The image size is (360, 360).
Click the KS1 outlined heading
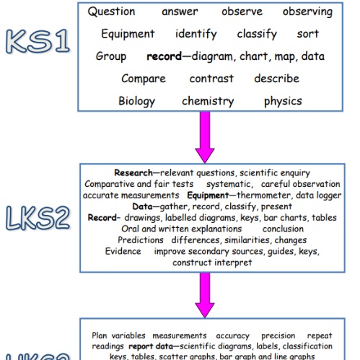(38, 41)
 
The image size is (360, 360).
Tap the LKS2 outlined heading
(38, 218)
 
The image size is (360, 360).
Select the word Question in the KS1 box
(111, 12)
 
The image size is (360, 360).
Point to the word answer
(180, 12)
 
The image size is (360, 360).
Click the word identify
(196, 34)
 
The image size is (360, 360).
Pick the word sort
(308, 34)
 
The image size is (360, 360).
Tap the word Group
(111, 56)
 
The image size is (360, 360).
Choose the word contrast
(211, 79)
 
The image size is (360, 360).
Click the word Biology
(136, 101)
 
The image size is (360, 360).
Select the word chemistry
(208, 101)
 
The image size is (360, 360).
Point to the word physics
(283, 101)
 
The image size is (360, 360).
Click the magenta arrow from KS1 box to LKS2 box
(205, 137)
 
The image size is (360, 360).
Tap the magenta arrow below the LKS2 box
(205, 295)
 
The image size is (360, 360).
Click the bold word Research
(133, 172)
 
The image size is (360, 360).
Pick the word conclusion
(283, 229)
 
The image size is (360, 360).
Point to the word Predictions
(141, 240)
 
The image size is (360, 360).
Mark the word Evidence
(123, 251)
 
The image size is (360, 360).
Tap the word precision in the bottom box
(278, 335)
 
